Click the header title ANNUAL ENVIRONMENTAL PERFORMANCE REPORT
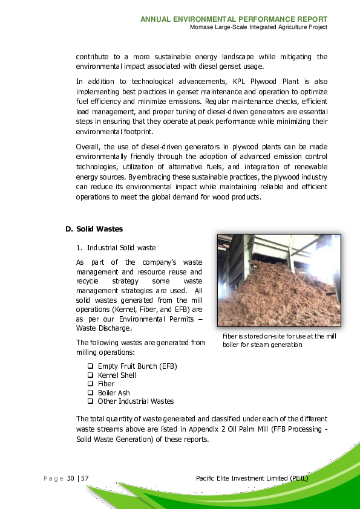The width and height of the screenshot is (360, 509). [x=234, y=19]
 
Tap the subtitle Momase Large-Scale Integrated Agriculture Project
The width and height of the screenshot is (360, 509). [x=258, y=27]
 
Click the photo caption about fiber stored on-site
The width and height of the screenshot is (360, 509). [x=279, y=340]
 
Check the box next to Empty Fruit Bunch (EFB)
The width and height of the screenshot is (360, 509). [x=90, y=366]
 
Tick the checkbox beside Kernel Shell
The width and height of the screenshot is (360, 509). [x=90, y=375]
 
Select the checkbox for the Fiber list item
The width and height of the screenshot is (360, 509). [x=90, y=384]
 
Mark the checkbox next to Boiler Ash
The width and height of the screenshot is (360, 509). [x=90, y=392]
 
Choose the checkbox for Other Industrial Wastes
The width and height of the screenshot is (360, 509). [x=90, y=401]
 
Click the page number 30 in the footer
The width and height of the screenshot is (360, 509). [x=71, y=479]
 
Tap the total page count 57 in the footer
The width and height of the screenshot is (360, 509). [x=85, y=479]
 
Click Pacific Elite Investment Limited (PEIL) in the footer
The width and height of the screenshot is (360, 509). [x=252, y=479]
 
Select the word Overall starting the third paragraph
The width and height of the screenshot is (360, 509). [x=88, y=147]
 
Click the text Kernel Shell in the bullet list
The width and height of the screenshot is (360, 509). [x=117, y=375]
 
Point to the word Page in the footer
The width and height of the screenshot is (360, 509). [x=53, y=479]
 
